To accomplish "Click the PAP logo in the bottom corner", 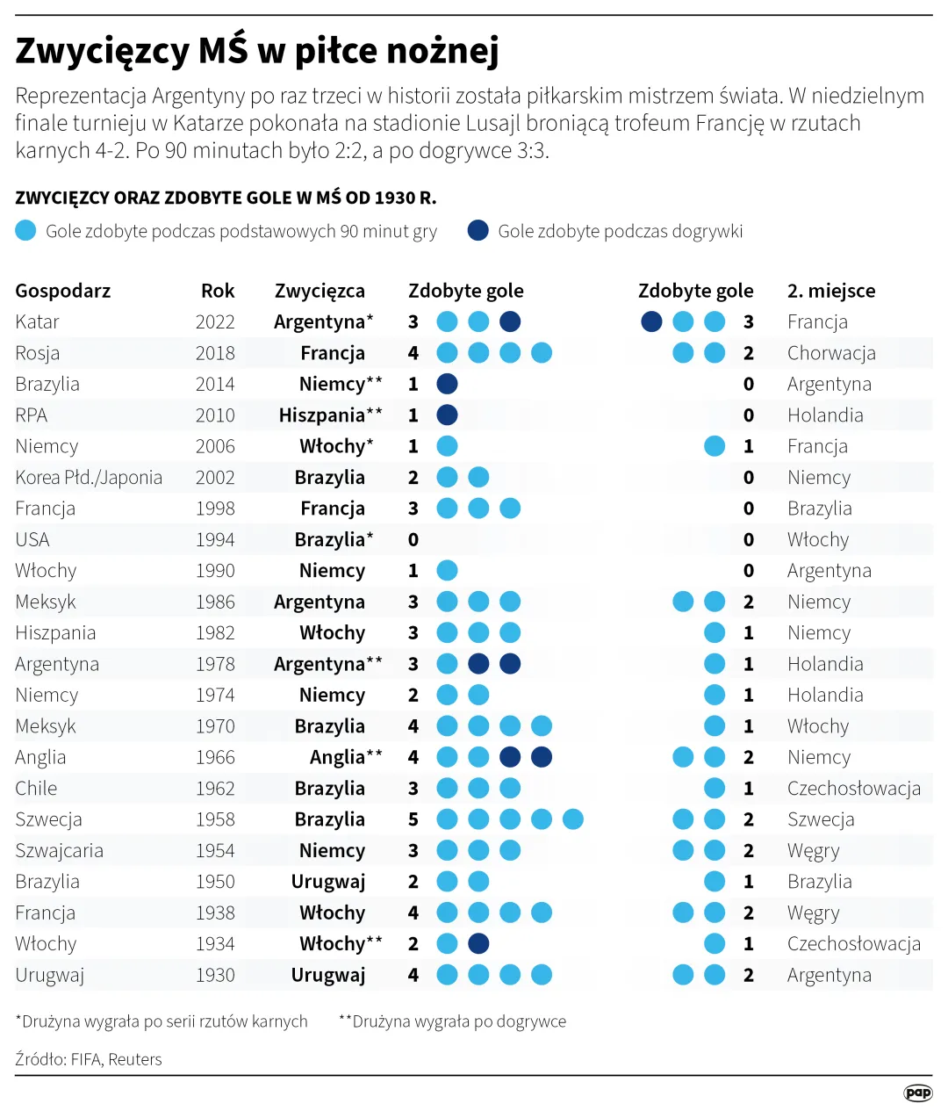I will pyautogui.click(x=918, y=1093).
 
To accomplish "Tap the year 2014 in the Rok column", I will pyautogui.click(x=215, y=385).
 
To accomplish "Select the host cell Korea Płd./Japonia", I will pyautogui.click(x=89, y=478).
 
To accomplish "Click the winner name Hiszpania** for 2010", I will pyautogui.click(x=330, y=415).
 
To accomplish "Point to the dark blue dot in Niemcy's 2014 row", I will pyautogui.click(x=447, y=384).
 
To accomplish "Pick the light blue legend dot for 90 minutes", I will pyautogui.click(x=25, y=231).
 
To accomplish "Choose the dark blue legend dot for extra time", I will pyautogui.click(x=478, y=231).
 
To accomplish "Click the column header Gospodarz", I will pyautogui.click(x=63, y=291).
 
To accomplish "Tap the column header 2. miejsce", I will pyautogui.click(x=830, y=291).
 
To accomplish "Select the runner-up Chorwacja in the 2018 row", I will pyautogui.click(x=831, y=353).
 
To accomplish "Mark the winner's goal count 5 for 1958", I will pyautogui.click(x=413, y=819).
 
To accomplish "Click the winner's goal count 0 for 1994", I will pyautogui.click(x=413, y=540).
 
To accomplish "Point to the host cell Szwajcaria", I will pyautogui.click(x=59, y=851).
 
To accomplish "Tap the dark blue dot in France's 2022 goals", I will pyautogui.click(x=651, y=321).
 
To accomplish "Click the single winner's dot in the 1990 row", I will pyautogui.click(x=447, y=571).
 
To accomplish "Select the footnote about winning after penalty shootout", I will pyautogui.click(x=162, y=1021).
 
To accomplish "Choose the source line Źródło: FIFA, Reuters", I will pyautogui.click(x=89, y=1059).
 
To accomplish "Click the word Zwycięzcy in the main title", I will pyautogui.click(x=102, y=51).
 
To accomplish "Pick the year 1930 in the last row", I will pyautogui.click(x=215, y=975).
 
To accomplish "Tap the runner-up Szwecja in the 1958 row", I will pyautogui.click(x=821, y=819).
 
